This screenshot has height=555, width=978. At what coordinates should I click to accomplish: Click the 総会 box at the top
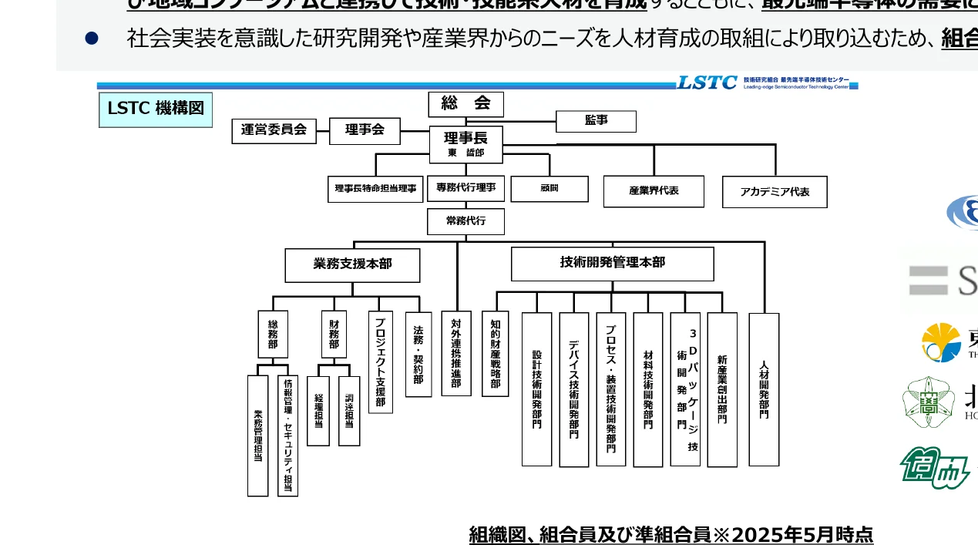point(465,104)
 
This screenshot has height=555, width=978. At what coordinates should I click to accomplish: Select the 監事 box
point(596,121)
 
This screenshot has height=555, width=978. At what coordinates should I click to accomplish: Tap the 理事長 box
point(465,144)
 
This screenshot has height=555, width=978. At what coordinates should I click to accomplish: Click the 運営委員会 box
point(274,131)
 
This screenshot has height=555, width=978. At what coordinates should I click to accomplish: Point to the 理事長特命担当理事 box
point(375,189)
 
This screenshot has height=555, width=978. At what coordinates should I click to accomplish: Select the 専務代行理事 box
point(465,188)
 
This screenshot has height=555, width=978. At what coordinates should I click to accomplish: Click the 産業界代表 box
point(653,191)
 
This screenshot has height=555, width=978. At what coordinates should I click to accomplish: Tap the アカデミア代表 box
point(774,192)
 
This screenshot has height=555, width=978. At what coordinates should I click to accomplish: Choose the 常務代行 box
point(465,221)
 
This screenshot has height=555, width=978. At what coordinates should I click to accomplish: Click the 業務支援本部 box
point(352,264)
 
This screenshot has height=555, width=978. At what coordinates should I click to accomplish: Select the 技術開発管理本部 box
point(612,264)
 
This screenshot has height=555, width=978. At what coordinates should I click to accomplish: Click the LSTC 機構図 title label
point(156,109)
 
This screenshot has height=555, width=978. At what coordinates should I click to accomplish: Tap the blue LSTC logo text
point(707,82)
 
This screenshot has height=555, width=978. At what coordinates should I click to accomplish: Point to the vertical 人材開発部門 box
point(764,389)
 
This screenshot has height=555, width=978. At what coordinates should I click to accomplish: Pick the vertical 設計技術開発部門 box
point(536,389)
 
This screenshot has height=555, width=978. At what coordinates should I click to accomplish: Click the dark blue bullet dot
point(91,39)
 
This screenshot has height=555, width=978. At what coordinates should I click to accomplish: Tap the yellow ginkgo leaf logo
point(941,342)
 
